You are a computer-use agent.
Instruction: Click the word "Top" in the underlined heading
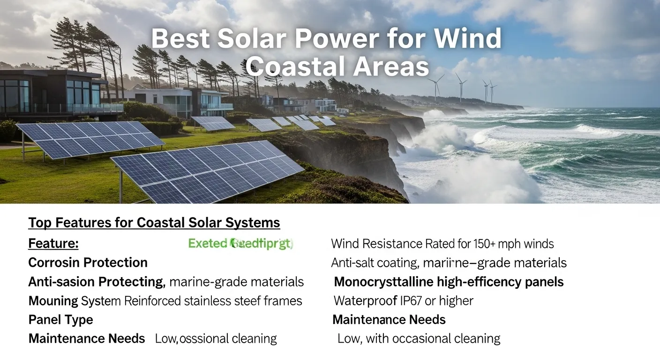pyautogui.click(x=40, y=223)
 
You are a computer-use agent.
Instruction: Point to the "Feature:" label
pyautogui.click(x=53, y=244)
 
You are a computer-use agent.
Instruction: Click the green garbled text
pyautogui.click(x=240, y=244)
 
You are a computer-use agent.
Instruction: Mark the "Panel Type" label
pyautogui.click(x=60, y=320)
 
